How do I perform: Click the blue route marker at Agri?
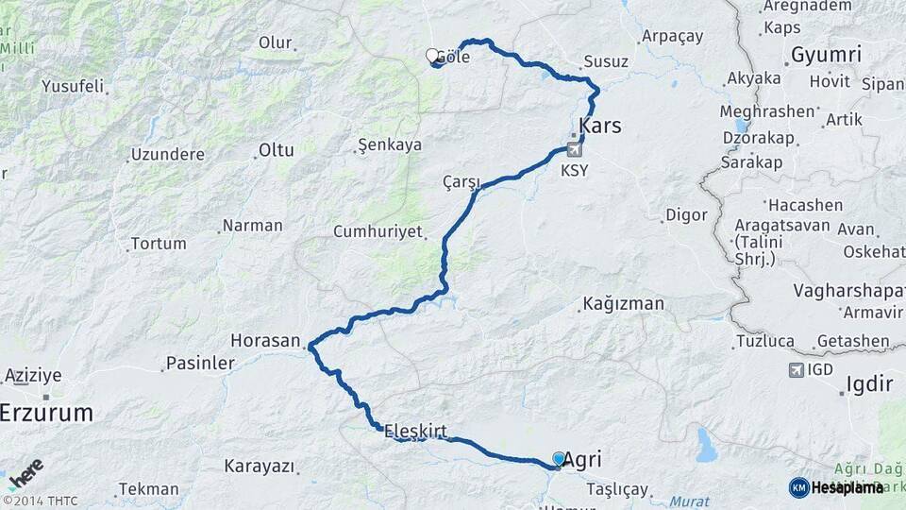559,459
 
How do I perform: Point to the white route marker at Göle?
432,56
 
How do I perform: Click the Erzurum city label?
46,413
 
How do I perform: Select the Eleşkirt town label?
415,427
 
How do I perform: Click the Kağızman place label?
623,304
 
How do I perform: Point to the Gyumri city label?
826,55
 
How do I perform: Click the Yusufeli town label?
72,86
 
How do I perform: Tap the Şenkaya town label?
389,145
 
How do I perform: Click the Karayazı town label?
260,466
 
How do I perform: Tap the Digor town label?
686,214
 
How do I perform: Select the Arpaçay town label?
672,36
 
